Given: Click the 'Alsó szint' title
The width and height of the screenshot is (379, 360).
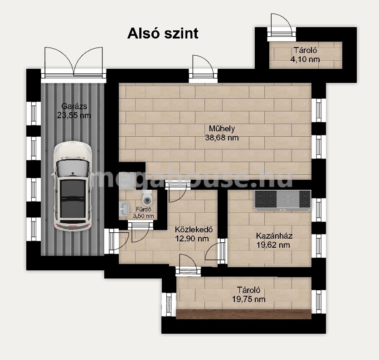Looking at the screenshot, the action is (163, 33).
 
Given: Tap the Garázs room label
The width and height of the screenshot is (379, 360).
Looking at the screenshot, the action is (74, 106).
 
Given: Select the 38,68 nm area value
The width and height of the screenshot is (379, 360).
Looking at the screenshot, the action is (222, 138).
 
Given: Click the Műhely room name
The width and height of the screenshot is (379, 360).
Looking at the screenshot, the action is (222, 129).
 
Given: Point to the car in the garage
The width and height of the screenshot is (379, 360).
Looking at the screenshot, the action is (72, 186).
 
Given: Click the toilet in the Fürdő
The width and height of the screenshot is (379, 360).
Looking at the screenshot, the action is (147, 197).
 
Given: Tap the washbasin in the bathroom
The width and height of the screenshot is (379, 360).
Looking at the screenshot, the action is (124, 208).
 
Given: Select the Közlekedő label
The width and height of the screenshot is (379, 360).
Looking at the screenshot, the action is (194, 229).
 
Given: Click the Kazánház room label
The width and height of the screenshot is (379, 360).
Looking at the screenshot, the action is (274, 235).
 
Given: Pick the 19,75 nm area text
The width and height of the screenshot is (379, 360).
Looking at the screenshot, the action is (249, 299).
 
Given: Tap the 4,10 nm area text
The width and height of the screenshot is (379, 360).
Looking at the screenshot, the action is (305, 59).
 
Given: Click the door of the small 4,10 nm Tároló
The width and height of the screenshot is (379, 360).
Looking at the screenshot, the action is (281, 27).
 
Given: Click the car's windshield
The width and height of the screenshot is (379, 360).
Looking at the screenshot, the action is (72, 168).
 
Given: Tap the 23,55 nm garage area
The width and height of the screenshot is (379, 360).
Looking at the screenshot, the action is (74, 115).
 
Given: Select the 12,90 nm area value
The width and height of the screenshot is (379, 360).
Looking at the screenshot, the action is (192, 239).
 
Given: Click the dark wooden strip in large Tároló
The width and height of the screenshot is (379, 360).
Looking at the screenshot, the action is (243, 314).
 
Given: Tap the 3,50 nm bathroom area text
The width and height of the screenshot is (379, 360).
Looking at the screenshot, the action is (144, 216).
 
